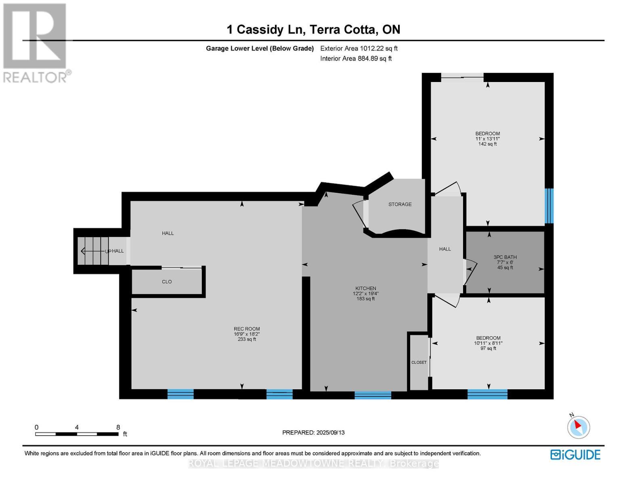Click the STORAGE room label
pos(400,205)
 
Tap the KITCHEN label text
pos(366,289)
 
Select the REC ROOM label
pos(247,329)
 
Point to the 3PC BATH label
pos(505,257)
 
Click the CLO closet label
pos(167,282)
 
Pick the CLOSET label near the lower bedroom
pos(419,363)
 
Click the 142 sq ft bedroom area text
pos(487,144)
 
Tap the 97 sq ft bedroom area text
pos(488,348)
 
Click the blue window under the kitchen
pos(373,395)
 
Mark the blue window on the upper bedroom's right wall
pos(549,206)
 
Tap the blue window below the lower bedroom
pos(487,394)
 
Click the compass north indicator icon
pos(578,426)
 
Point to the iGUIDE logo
pos(575,455)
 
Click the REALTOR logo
pos(36,42)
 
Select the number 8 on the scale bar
pos(118,427)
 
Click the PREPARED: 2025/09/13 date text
pos(313,432)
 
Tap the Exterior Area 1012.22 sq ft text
pos(359,48)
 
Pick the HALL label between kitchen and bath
pos(445,249)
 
